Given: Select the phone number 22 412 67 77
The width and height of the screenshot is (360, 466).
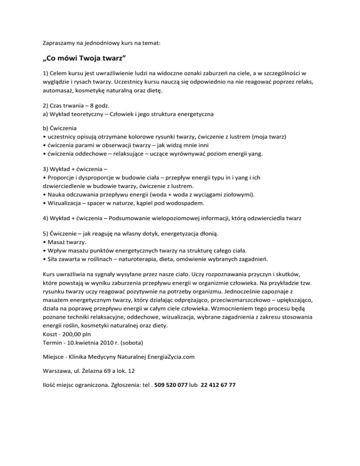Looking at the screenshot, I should (218, 385).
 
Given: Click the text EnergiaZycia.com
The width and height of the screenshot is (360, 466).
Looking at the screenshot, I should (166, 357).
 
